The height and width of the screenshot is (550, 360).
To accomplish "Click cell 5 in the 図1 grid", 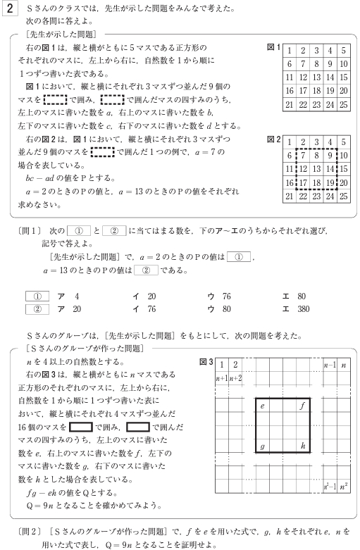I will point(343,50).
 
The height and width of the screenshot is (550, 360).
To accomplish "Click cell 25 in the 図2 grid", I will point(343,195).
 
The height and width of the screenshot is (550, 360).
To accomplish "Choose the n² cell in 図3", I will point(343,486).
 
